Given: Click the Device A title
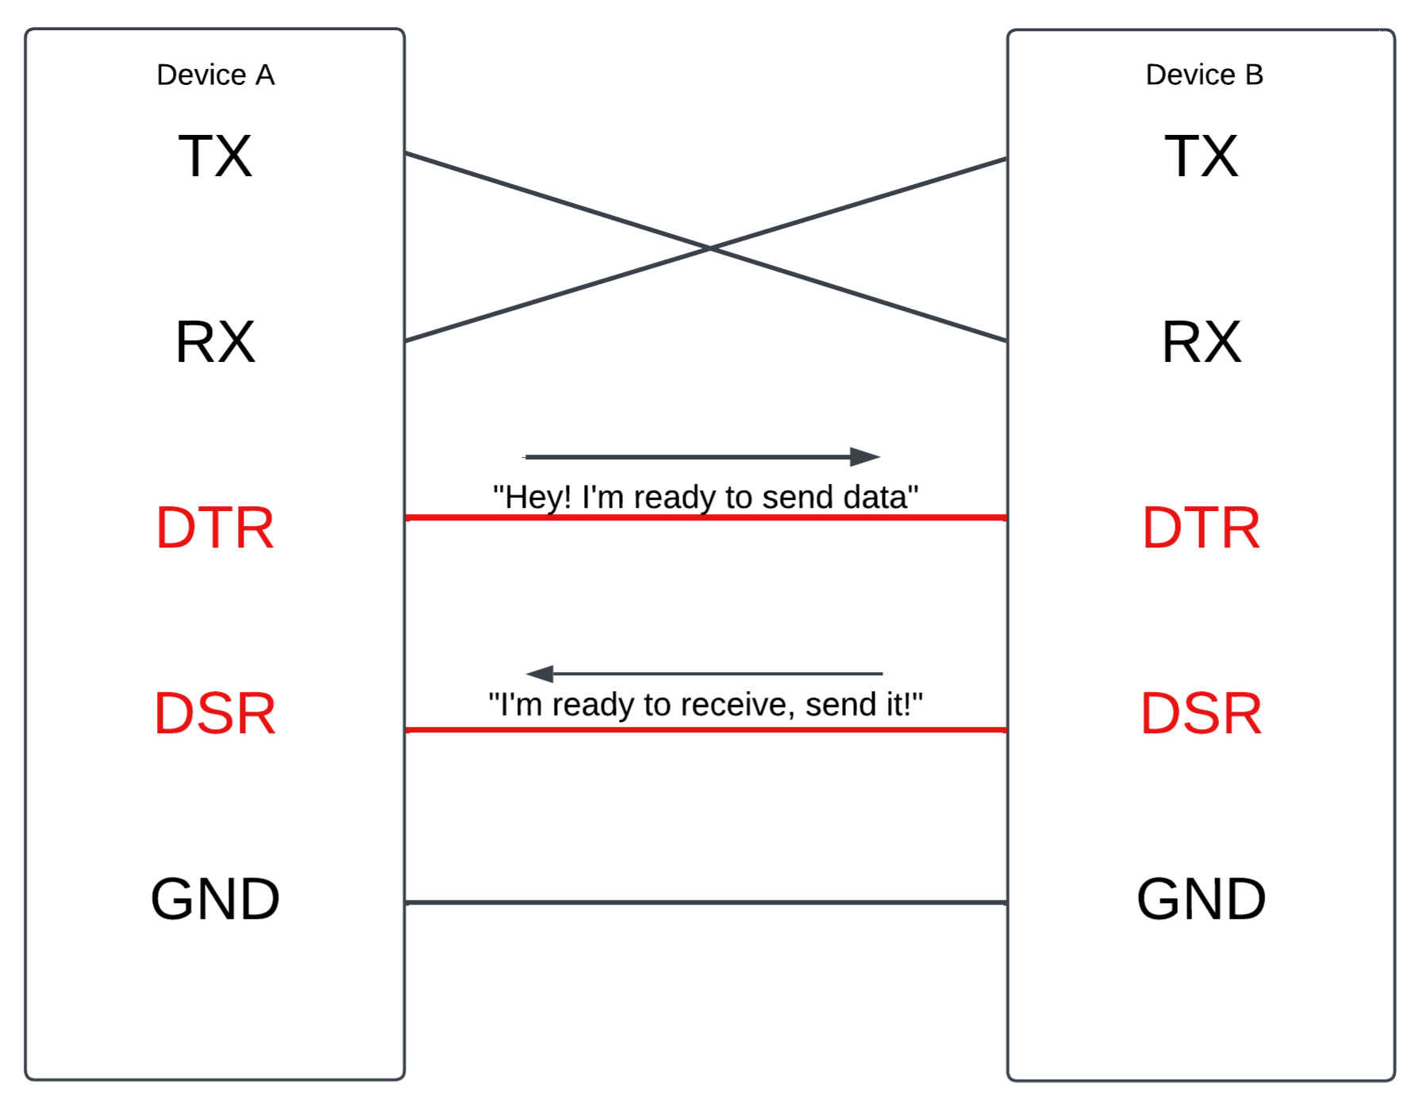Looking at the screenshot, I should click(x=215, y=75).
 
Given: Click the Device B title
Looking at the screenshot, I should click(x=1204, y=75).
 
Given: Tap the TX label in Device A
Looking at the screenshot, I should click(x=215, y=156).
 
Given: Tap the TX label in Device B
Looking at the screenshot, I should click(x=1201, y=156).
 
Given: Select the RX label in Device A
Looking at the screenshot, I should click(x=215, y=342).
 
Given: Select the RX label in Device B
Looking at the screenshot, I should click(x=1201, y=342).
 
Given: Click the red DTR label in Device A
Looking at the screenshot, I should click(x=215, y=528).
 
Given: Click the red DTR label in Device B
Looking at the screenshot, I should click(x=1201, y=528).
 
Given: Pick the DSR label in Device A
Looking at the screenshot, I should click(x=215, y=713).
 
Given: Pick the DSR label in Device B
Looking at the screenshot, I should click(x=1201, y=713).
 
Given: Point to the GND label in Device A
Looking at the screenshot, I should click(x=215, y=899).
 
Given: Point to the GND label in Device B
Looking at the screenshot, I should click(x=1201, y=899).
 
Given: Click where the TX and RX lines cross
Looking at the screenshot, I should click(x=709, y=249).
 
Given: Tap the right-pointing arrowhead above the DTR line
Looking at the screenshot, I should click(x=865, y=456).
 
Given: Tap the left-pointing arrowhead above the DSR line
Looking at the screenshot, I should click(x=540, y=674).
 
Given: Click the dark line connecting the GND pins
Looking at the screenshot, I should click(x=706, y=902).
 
